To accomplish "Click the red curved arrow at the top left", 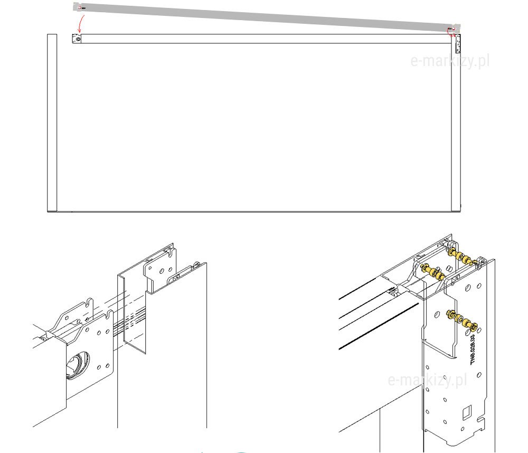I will pyautogui.click(x=80, y=24).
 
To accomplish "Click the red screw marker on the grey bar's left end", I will pyautogui.click(x=80, y=8).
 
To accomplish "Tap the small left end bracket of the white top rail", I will pyautogui.click(x=77, y=39).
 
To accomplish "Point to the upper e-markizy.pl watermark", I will pyautogui.click(x=450, y=61).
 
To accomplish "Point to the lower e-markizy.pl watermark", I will pyautogui.click(x=428, y=380).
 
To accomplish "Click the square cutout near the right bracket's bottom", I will pyautogui.click(x=466, y=410).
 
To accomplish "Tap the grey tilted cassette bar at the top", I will pyautogui.click(x=264, y=16).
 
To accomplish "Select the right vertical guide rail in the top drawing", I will pyautogui.click(x=455, y=127).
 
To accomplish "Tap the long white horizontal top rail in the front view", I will pyautogui.click(x=264, y=39).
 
